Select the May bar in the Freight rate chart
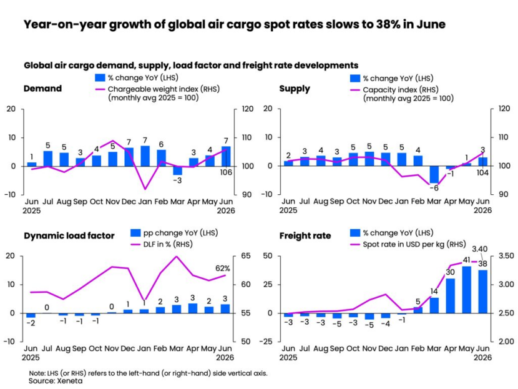pyautogui.click(x=467, y=290)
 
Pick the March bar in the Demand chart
pyautogui.click(x=177, y=170)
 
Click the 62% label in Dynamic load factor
pyautogui.click(x=222, y=268)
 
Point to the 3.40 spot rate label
pyautogui.click(x=480, y=249)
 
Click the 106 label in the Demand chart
pyautogui.click(x=226, y=172)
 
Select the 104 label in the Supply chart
pyautogui.click(x=482, y=172)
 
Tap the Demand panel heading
pyautogui.click(x=42, y=89)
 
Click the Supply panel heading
pyautogui.click(x=295, y=89)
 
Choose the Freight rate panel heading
pyautogui.click(x=305, y=235)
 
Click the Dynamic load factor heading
pyautogui.click(x=69, y=235)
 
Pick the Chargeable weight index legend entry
pyautogui.click(x=157, y=93)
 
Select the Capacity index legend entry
pyautogui.click(x=402, y=94)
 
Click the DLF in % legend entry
pyautogui.click(x=162, y=245)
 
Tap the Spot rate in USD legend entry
pyautogui.click(x=408, y=245)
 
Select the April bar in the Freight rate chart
pyautogui.click(x=451, y=296)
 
